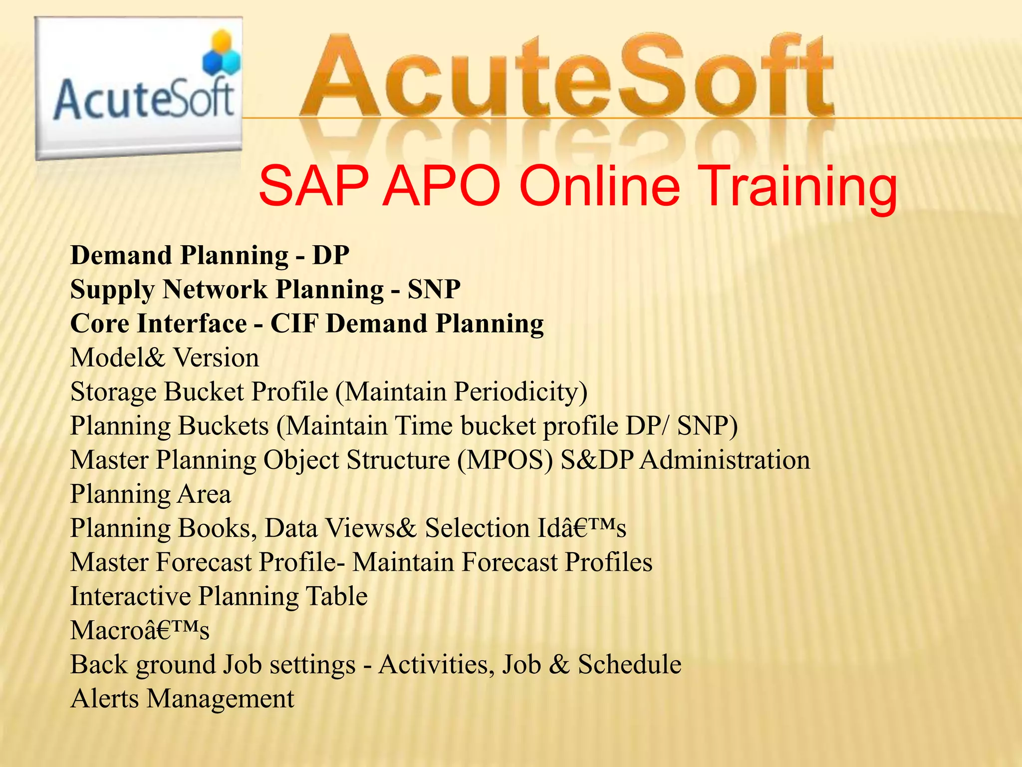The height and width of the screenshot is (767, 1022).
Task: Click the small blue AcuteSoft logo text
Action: (x=144, y=98)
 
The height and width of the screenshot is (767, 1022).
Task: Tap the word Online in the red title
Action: (x=599, y=186)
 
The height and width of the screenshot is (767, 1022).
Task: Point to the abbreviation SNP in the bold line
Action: (x=434, y=290)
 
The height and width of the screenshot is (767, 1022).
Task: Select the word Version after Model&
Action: (x=216, y=358)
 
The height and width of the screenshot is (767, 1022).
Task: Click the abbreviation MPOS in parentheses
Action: (x=506, y=460)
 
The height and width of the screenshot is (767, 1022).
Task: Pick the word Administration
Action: (x=725, y=460)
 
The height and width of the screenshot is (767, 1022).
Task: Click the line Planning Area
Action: (x=151, y=494)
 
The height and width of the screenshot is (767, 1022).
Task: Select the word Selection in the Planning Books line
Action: (x=477, y=528)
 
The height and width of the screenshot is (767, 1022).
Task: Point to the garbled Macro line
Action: (x=140, y=630)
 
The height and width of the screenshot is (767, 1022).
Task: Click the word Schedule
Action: (x=629, y=665)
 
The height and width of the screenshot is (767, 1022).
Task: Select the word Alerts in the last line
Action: (x=104, y=699)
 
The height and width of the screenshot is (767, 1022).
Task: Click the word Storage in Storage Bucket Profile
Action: (x=114, y=392)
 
